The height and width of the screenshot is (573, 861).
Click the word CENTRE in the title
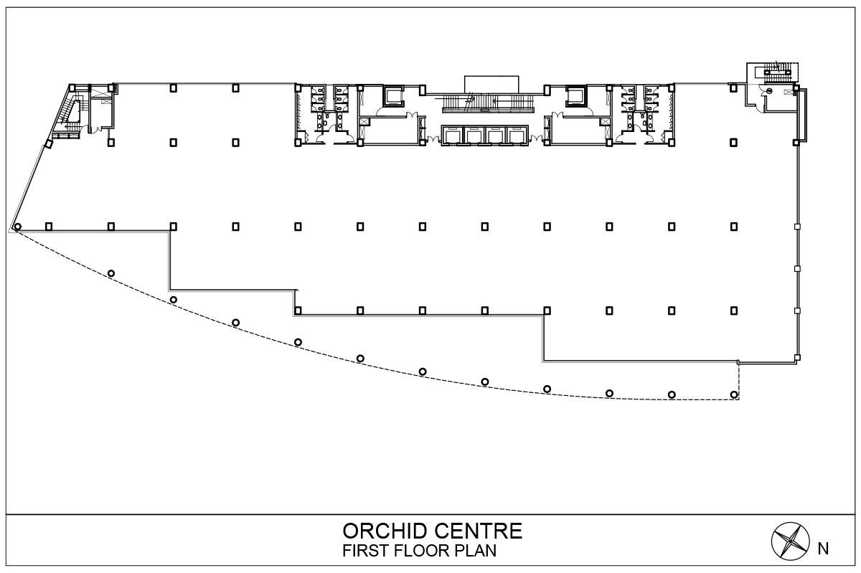482,532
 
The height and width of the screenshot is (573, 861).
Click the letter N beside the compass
823,550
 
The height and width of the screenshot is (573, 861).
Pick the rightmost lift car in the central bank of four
516,136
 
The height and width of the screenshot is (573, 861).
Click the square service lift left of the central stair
395,95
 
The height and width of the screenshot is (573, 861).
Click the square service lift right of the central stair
576,95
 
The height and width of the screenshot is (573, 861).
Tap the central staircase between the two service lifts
488,103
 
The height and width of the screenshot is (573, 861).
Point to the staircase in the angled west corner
70,110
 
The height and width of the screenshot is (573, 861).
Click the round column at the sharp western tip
18,227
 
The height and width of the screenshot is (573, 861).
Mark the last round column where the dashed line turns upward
733,394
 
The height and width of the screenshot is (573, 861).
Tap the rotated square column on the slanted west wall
49,144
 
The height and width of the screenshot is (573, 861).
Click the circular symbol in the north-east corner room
768,91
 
